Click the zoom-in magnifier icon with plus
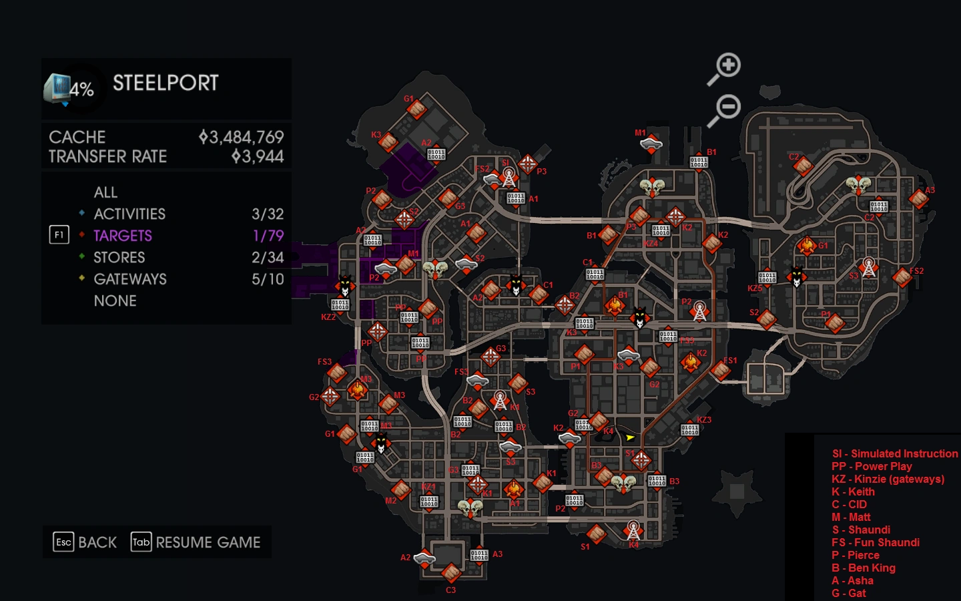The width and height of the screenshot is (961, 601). (725, 67)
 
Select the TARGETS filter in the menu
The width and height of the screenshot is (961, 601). (123, 236)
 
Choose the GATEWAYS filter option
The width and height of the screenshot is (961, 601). (130, 279)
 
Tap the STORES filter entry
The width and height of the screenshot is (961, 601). (119, 258)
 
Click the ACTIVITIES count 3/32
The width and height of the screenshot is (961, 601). (267, 214)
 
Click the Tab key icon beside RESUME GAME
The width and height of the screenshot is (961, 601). (141, 542)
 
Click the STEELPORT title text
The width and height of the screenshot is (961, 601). (166, 83)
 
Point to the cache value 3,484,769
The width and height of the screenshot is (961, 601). (242, 138)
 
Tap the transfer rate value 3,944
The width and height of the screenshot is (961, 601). (258, 157)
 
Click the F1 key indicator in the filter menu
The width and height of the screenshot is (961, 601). (59, 235)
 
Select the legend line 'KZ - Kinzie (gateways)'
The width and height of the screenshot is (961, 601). (888, 479)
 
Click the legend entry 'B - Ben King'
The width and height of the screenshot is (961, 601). (864, 568)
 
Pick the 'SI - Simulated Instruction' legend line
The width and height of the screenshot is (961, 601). (894, 453)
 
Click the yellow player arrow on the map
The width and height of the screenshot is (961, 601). (630, 437)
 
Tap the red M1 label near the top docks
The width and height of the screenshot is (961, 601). (640, 133)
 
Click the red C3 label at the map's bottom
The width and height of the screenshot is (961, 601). (450, 590)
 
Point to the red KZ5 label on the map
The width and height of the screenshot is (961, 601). (755, 288)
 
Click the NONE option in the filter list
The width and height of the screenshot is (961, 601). (115, 301)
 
